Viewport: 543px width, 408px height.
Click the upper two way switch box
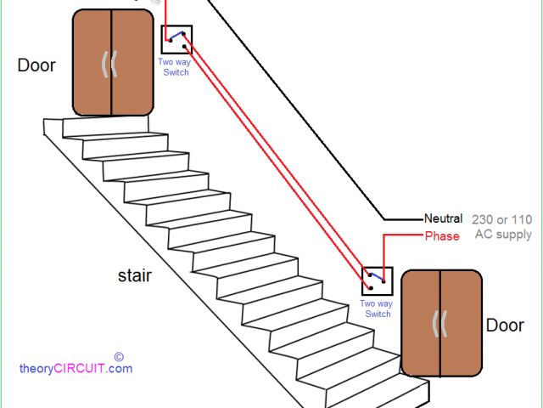tap(176, 40)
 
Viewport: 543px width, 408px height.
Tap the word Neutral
tap(444, 218)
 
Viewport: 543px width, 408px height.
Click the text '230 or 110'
tap(503, 218)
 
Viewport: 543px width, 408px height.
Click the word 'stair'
tap(136, 275)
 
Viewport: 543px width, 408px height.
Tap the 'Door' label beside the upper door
tap(36, 65)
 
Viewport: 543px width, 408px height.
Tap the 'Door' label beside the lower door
tap(505, 326)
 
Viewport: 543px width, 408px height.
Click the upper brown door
tap(112, 62)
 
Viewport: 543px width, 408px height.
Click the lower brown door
tap(441, 323)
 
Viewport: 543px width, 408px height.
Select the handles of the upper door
tap(111, 65)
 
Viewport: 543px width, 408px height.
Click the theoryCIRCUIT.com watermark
tap(76, 369)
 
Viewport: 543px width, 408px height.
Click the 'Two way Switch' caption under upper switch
tap(173, 67)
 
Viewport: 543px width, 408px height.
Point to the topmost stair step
tap(110, 127)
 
